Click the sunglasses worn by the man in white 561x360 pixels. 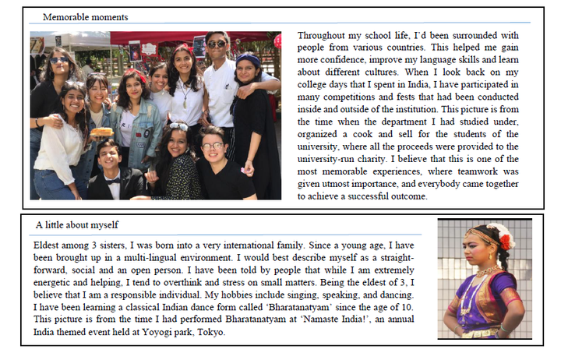[x=217, y=44]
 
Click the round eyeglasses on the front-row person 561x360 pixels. [x=213, y=146]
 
